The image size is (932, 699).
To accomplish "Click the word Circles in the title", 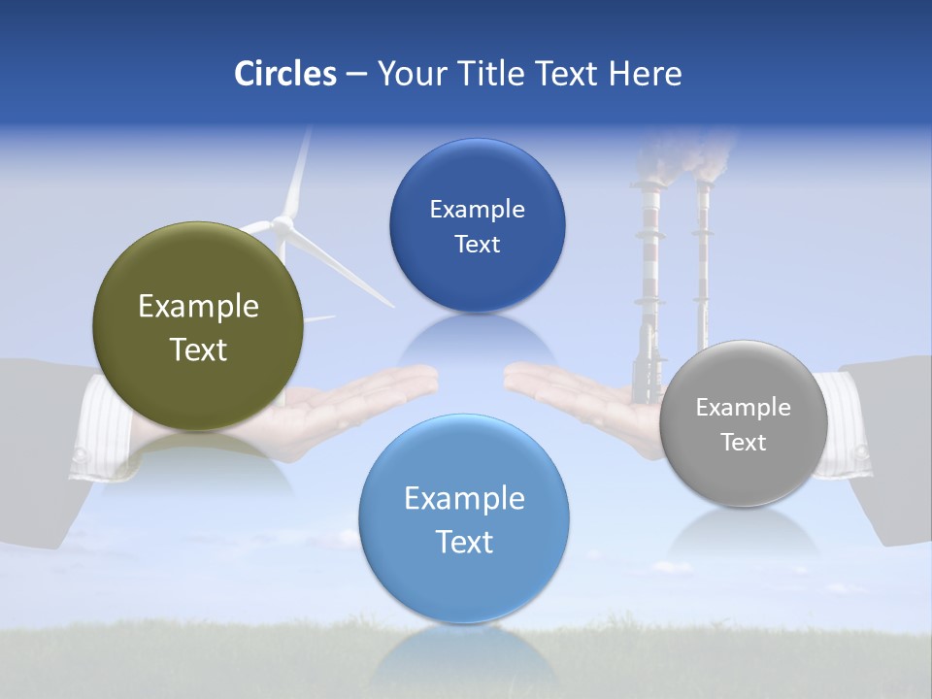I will coord(284,74).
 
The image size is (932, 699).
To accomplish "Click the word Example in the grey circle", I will coord(744,408).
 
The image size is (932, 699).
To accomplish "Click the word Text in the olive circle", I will coord(198,349).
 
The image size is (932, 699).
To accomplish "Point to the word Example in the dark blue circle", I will coord(478,210).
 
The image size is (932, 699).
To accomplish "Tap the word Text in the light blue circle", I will coord(464,542).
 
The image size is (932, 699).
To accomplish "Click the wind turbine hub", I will coord(283,224).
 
